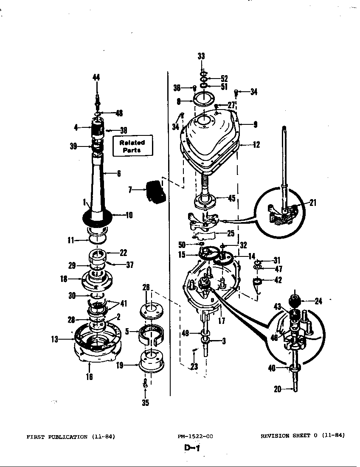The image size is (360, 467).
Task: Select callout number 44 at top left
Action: coord(97,77)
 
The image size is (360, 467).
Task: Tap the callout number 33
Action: coord(201,56)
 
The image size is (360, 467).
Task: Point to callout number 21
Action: coord(313,203)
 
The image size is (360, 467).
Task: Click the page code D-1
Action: coord(192,448)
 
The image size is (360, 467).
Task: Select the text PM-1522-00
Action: coord(195,436)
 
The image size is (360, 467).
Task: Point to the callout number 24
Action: coord(318,301)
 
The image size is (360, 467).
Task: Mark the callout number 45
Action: coord(231,198)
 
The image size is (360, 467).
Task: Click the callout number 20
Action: coord(278,389)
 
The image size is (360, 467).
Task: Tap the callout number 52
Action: coord(224,79)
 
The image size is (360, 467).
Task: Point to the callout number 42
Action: coord(278,280)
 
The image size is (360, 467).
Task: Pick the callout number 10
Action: coord(129,215)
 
